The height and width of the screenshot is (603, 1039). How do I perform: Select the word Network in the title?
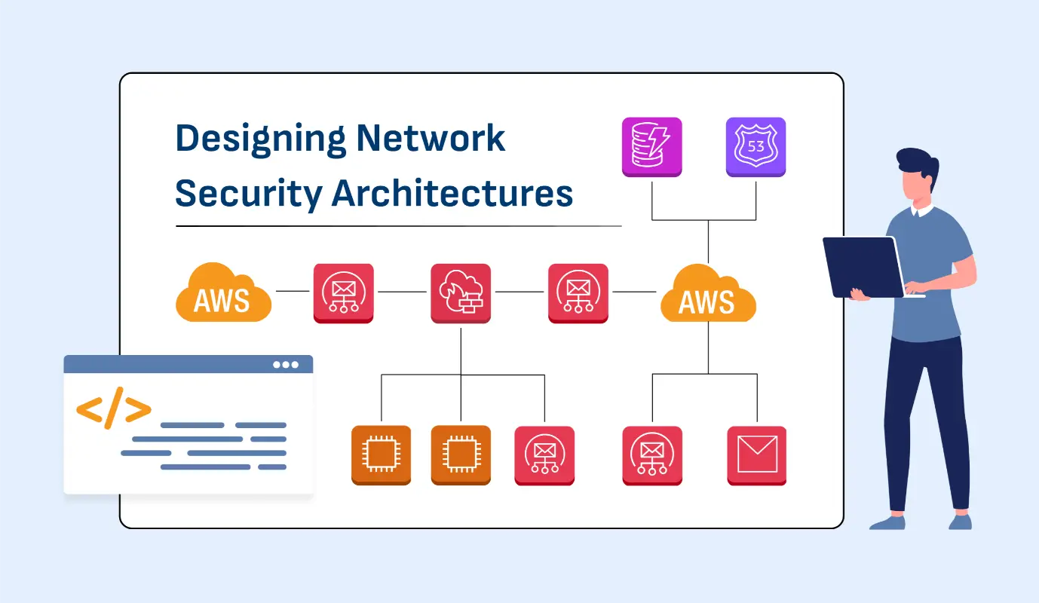(x=431, y=139)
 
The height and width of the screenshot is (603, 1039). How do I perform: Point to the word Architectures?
(x=452, y=194)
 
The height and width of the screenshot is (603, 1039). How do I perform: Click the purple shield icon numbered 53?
(x=755, y=147)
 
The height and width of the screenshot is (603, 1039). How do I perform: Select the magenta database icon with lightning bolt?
(x=651, y=147)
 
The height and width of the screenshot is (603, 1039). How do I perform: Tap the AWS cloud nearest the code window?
(x=223, y=293)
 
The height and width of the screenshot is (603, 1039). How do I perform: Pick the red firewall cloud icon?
(x=460, y=293)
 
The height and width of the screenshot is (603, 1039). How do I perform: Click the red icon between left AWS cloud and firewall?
(x=343, y=293)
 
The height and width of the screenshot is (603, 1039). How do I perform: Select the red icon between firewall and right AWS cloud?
(x=578, y=293)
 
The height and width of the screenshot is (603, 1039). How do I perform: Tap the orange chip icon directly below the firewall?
(x=460, y=455)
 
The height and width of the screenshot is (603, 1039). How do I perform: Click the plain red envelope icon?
(x=756, y=455)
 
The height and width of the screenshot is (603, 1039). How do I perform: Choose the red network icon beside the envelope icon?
(x=652, y=455)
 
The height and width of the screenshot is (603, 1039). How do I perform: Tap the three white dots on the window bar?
(x=286, y=365)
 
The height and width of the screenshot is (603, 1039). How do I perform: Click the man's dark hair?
(x=917, y=163)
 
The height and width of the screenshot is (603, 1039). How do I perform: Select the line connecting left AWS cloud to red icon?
(x=293, y=291)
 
